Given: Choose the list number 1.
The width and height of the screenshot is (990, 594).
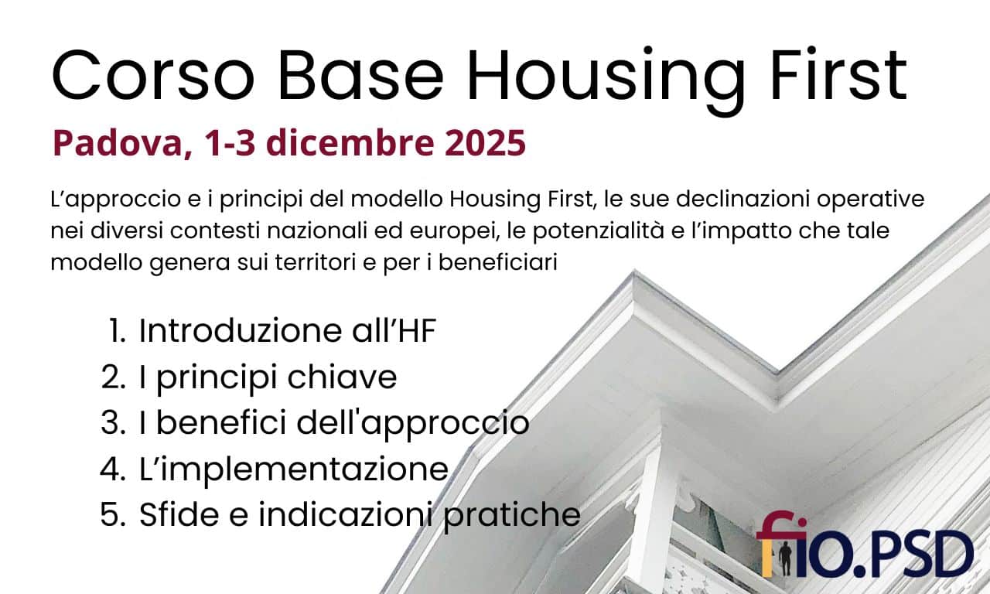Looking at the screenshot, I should (x=117, y=331).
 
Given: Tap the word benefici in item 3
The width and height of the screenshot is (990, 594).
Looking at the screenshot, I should (x=231, y=423).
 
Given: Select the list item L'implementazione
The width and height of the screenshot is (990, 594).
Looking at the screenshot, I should (x=293, y=469).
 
